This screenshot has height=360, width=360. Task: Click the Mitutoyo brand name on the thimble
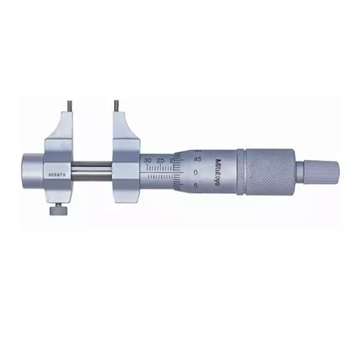(x=217, y=171)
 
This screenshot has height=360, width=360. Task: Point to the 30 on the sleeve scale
(x=148, y=160)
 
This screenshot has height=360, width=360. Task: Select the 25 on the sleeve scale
(x=160, y=160)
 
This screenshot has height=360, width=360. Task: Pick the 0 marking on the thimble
(x=196, y=172)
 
